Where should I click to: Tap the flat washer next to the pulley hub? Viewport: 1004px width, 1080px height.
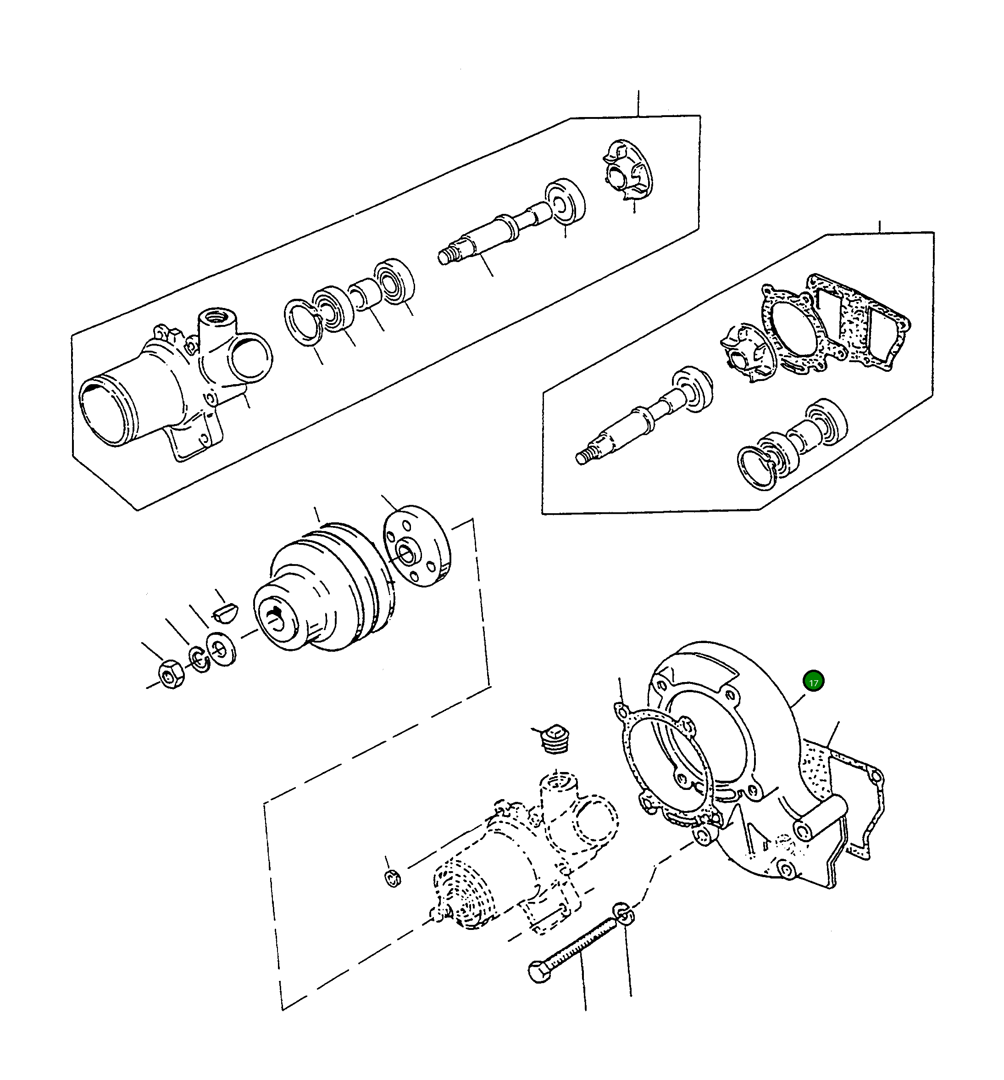coord(222,649)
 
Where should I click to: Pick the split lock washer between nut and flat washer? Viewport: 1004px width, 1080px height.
coord(199,659)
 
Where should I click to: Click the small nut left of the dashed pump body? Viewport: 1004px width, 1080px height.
coord(393,878)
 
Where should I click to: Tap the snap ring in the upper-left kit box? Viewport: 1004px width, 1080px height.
coord(303,322)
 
